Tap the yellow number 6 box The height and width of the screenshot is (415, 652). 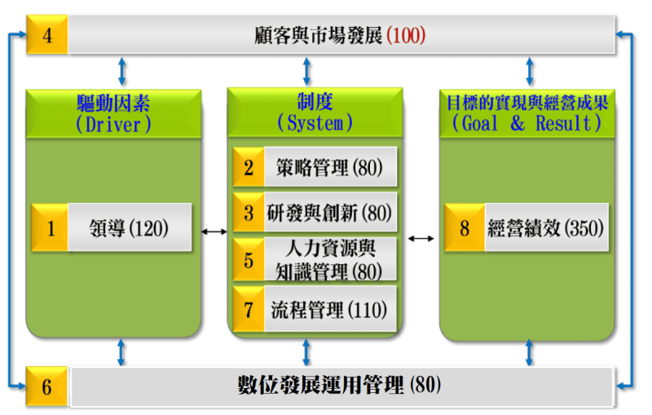point(46,386)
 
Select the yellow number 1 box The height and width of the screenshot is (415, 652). point(51,227)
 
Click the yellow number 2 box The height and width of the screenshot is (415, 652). point(249,167)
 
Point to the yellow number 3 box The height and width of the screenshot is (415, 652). point(249,213)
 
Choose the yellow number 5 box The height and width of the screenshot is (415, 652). point(249,260)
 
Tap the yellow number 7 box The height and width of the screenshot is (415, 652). point(249,309)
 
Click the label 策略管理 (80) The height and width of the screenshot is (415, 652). point(324,167)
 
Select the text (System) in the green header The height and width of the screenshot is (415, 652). point(315,123)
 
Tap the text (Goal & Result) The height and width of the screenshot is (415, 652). point(526,123)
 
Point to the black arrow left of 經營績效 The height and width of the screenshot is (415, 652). point(421,238)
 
